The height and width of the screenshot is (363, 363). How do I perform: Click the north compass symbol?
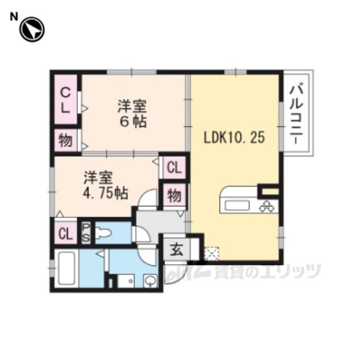32,29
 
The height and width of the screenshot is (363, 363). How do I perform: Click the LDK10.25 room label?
234,137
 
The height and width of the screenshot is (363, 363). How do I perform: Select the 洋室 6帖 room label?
133,113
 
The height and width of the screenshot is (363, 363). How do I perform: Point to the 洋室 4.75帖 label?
105,185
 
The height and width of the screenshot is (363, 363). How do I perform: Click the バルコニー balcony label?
296,115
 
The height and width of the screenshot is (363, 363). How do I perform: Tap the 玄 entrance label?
177,250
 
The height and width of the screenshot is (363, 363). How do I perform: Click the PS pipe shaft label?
86,233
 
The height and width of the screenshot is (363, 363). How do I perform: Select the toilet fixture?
103,233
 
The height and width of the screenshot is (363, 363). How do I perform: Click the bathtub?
67,268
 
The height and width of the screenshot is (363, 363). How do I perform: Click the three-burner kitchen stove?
268,206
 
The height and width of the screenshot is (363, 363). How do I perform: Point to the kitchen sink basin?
237,206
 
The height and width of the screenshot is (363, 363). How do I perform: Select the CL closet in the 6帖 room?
66,100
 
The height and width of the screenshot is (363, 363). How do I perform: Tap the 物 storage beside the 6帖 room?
66,141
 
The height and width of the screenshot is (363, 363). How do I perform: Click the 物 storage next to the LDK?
174,195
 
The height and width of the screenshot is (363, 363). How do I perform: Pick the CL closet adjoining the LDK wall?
174,168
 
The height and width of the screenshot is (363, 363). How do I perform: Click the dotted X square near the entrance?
212,254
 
